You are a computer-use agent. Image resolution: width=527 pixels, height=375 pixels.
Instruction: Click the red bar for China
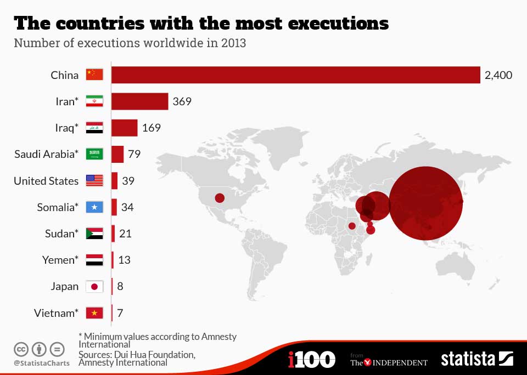click(296, 75)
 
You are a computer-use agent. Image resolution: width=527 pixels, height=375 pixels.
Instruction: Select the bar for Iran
click(140, 101)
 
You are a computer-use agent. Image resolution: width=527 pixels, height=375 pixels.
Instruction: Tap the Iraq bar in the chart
click(125, 128)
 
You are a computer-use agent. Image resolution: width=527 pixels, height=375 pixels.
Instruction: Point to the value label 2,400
click(498, 75)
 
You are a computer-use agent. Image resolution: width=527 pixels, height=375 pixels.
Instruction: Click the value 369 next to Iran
click(182, 101)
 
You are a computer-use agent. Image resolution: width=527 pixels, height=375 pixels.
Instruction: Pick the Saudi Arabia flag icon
click(94, 154)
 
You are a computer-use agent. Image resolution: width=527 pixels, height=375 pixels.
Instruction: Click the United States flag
click(94, 180)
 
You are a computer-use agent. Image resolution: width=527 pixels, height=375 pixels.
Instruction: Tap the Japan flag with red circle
click(94, 286)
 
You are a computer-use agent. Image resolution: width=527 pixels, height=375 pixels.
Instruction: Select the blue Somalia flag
click(94, 207)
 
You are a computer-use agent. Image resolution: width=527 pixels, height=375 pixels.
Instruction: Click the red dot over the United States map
click(220, 198)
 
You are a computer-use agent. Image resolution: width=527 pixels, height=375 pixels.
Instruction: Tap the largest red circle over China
click(426, 203)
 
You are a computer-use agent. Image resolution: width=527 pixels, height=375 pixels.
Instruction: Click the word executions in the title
click(339, 24)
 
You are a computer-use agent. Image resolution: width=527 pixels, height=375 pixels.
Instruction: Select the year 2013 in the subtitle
click(234, 43)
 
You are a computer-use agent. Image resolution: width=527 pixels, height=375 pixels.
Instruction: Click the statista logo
click(477, 359)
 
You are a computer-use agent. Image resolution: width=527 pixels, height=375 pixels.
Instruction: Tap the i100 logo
click(312, 359)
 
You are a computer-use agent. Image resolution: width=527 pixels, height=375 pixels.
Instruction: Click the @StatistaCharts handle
click(42, 363)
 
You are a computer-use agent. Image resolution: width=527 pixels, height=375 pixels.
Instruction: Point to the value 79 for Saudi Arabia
click(134, 154)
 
